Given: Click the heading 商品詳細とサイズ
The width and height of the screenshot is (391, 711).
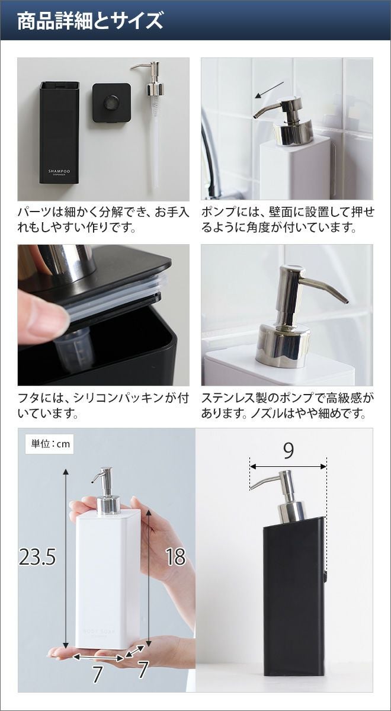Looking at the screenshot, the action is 90,21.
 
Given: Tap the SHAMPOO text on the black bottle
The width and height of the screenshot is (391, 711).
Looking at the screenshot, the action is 59,171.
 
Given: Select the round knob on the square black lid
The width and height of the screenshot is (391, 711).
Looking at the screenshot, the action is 111,102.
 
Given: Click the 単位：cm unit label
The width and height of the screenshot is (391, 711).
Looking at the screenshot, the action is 50,443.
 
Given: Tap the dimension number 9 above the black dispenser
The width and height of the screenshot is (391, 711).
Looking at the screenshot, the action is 288,450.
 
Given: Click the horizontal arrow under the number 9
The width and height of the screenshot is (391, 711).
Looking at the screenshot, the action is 288,466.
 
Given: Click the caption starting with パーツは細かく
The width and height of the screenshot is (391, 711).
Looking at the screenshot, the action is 104,220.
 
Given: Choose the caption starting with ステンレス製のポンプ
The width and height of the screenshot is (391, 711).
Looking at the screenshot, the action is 287,406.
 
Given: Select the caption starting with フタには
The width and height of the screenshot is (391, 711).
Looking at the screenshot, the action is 104,406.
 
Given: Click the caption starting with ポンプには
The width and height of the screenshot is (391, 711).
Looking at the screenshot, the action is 287,220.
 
